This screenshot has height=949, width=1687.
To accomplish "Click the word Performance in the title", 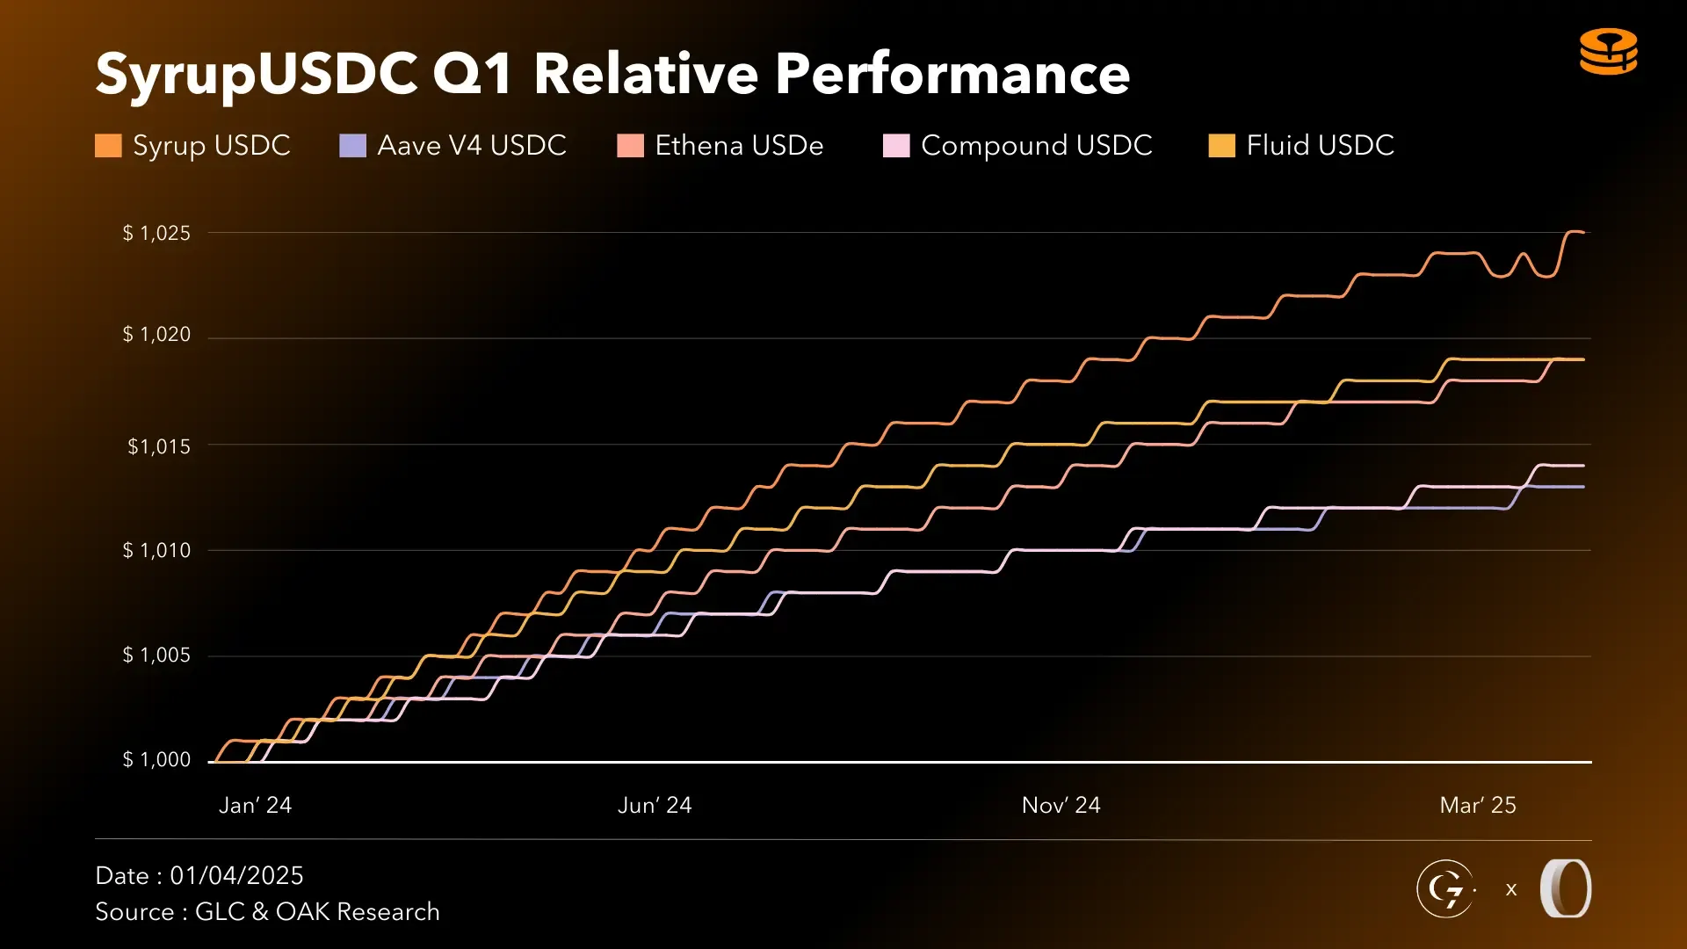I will click(x=952, y=74).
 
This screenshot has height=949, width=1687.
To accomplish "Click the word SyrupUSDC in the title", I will click(x=256, y=74).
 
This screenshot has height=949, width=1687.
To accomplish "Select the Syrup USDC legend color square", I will click(x=108, y=146).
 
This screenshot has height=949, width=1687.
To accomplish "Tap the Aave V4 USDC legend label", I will click(x=471, y=145).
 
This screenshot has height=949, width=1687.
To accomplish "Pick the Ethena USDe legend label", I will click(x=739, y=145).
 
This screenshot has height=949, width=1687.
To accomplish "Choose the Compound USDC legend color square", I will click(x=895, y=146).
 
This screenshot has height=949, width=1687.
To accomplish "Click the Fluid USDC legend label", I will click(x=1320, y=145).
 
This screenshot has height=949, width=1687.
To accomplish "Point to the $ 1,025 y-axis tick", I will click(x=156, y=233).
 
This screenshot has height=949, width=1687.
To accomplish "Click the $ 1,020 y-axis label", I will click(x=156, y=335).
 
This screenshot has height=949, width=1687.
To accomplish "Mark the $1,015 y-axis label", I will click(x=158, y=446).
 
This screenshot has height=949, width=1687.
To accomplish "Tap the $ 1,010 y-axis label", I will click(x=156, y=551).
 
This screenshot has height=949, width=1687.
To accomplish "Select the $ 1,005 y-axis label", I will click(x=156, y=656).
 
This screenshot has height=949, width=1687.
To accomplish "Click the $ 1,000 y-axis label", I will click(x=156, y=760).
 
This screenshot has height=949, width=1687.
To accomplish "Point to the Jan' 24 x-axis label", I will click(x=255, y=805).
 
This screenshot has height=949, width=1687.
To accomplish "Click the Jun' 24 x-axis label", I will click(x=655, y=805).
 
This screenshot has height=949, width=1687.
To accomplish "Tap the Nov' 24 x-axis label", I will click(x=1061, y=805).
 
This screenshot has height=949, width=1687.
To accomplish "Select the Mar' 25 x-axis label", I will click(x=1478, y=805).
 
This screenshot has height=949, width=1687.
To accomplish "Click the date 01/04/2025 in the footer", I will click(x=236, y=875).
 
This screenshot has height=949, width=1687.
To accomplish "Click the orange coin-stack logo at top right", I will click(x=1608, y=52).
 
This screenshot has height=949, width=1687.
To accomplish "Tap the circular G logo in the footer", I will click(x=1445, y=888).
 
